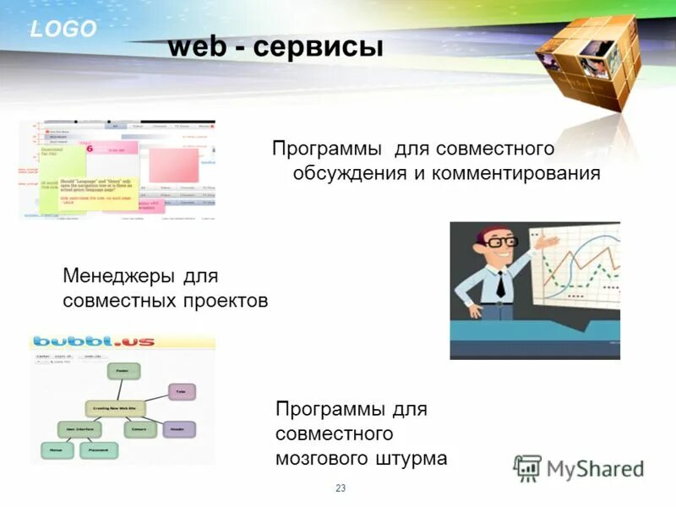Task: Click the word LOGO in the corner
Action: point(63,30)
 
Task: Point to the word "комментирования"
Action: point(517,173)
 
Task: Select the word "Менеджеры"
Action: point(119,276)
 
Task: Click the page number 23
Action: point(341,488)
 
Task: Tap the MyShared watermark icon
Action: point(527,468)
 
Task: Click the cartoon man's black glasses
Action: point(501,241)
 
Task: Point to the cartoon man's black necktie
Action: point(499,283)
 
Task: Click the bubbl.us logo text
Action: point(89,342)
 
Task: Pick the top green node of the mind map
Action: point(123,370)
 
